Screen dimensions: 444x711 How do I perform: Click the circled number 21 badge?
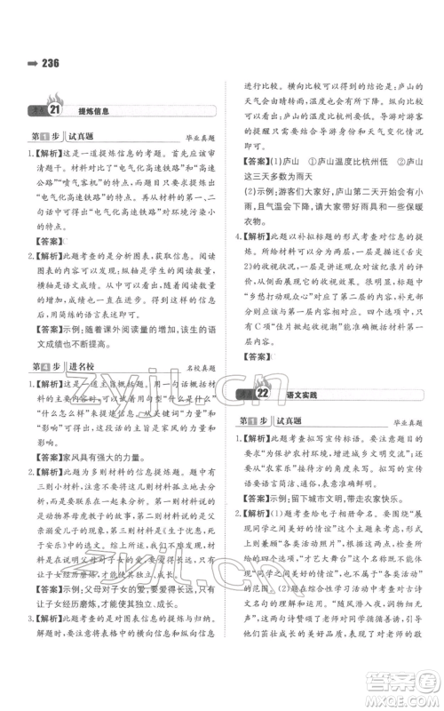[x=52, y=110]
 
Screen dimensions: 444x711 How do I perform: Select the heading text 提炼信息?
[x=93, y=110]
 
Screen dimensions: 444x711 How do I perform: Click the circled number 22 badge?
[x=263, y=393]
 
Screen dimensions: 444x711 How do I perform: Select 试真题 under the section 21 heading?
[x=85, y=136]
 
